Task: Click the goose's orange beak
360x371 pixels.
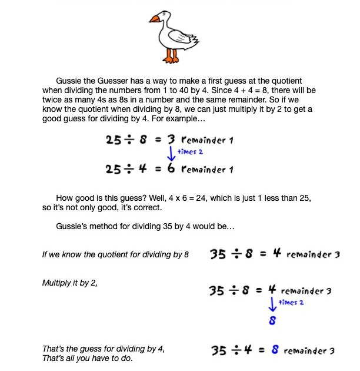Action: tap(155, 19)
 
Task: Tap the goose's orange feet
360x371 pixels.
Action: tap(171, 57)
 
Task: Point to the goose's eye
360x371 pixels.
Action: tap(165, 14)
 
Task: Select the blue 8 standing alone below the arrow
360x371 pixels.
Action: tap(272, 321)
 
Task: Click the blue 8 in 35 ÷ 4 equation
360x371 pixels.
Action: tap(275, 350)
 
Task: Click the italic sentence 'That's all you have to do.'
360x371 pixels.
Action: tap(87, 359)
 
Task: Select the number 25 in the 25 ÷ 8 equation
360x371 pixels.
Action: tap(114, 140)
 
